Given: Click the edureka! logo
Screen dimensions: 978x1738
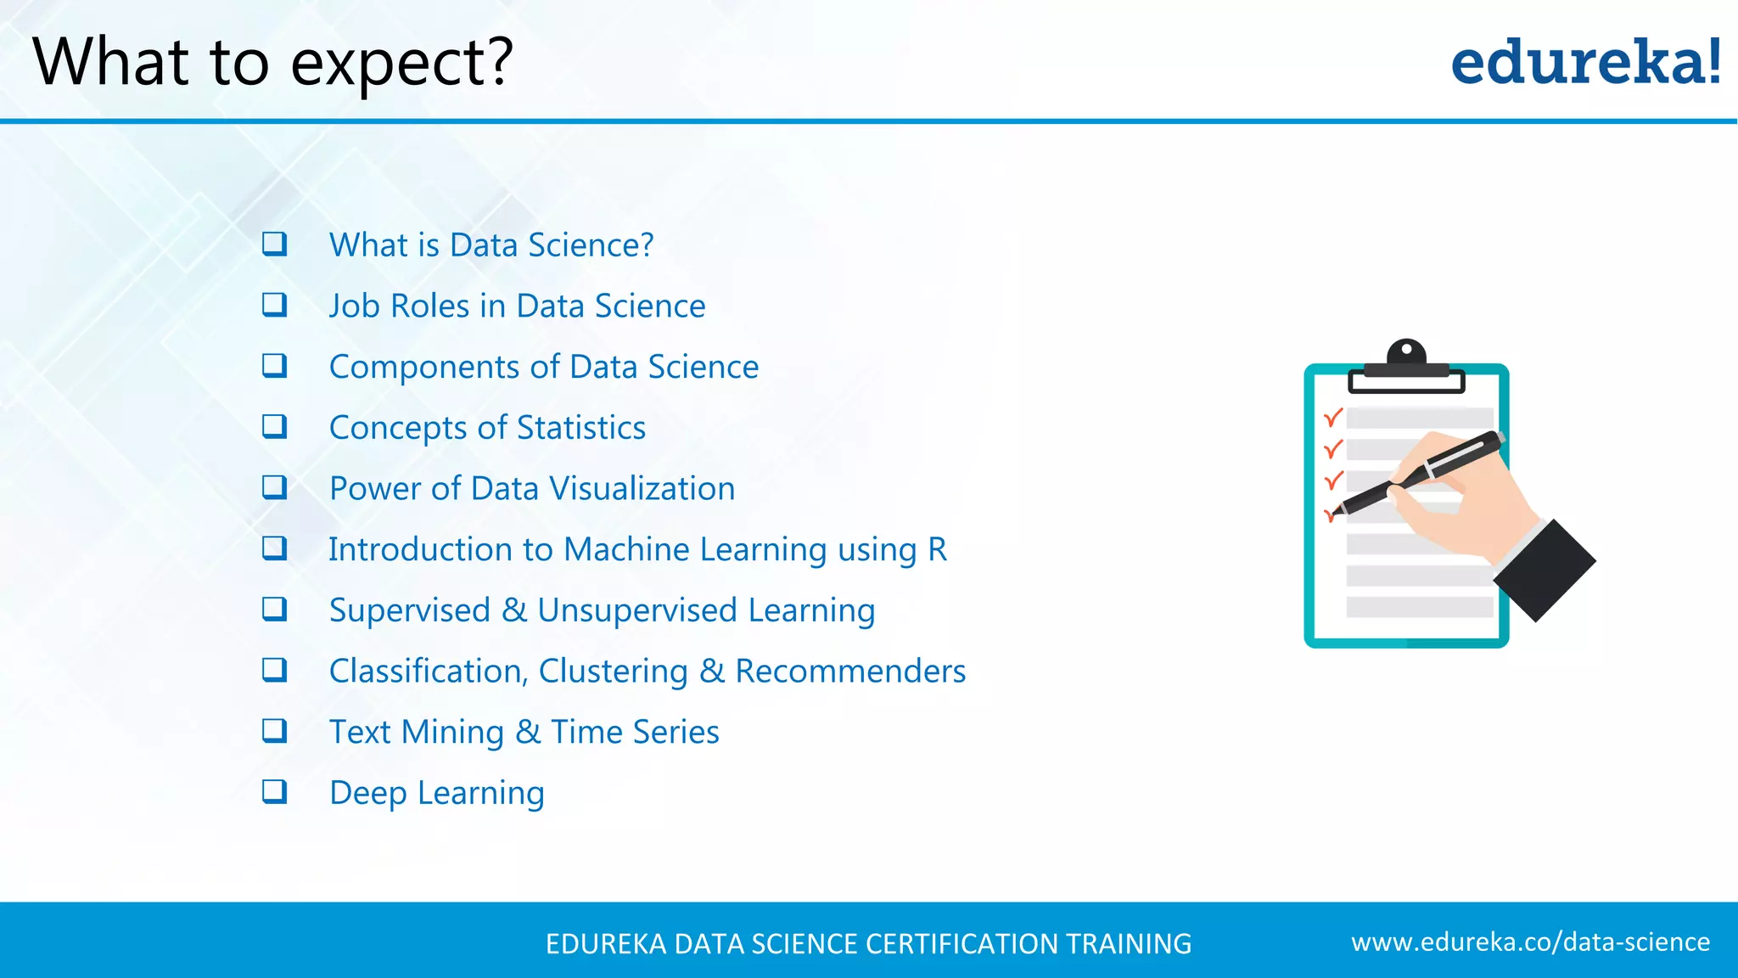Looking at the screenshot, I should tap(1585, 63).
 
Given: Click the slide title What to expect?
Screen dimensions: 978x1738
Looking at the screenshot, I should tap(272, 63).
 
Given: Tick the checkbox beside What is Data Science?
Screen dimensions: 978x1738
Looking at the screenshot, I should tap(274, 244).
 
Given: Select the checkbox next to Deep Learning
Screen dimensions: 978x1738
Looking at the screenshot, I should tap(274, 791).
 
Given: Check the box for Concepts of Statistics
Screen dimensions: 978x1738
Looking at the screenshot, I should tap(274, 426).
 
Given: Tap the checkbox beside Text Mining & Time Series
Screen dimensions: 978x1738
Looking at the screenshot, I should tap(274, 730).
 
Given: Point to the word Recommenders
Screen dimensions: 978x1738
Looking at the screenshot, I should tap(850, 672).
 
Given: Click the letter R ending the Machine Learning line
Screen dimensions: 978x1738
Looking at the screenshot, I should tap(937, 549).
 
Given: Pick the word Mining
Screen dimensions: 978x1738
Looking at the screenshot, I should tap(452, 733).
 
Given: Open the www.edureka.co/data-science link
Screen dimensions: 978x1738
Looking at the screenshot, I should tap(1530, 942).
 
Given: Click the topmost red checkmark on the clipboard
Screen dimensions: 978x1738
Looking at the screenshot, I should tap(1333, 418).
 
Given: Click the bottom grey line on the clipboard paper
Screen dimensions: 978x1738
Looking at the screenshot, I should tap(1419, 607).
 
